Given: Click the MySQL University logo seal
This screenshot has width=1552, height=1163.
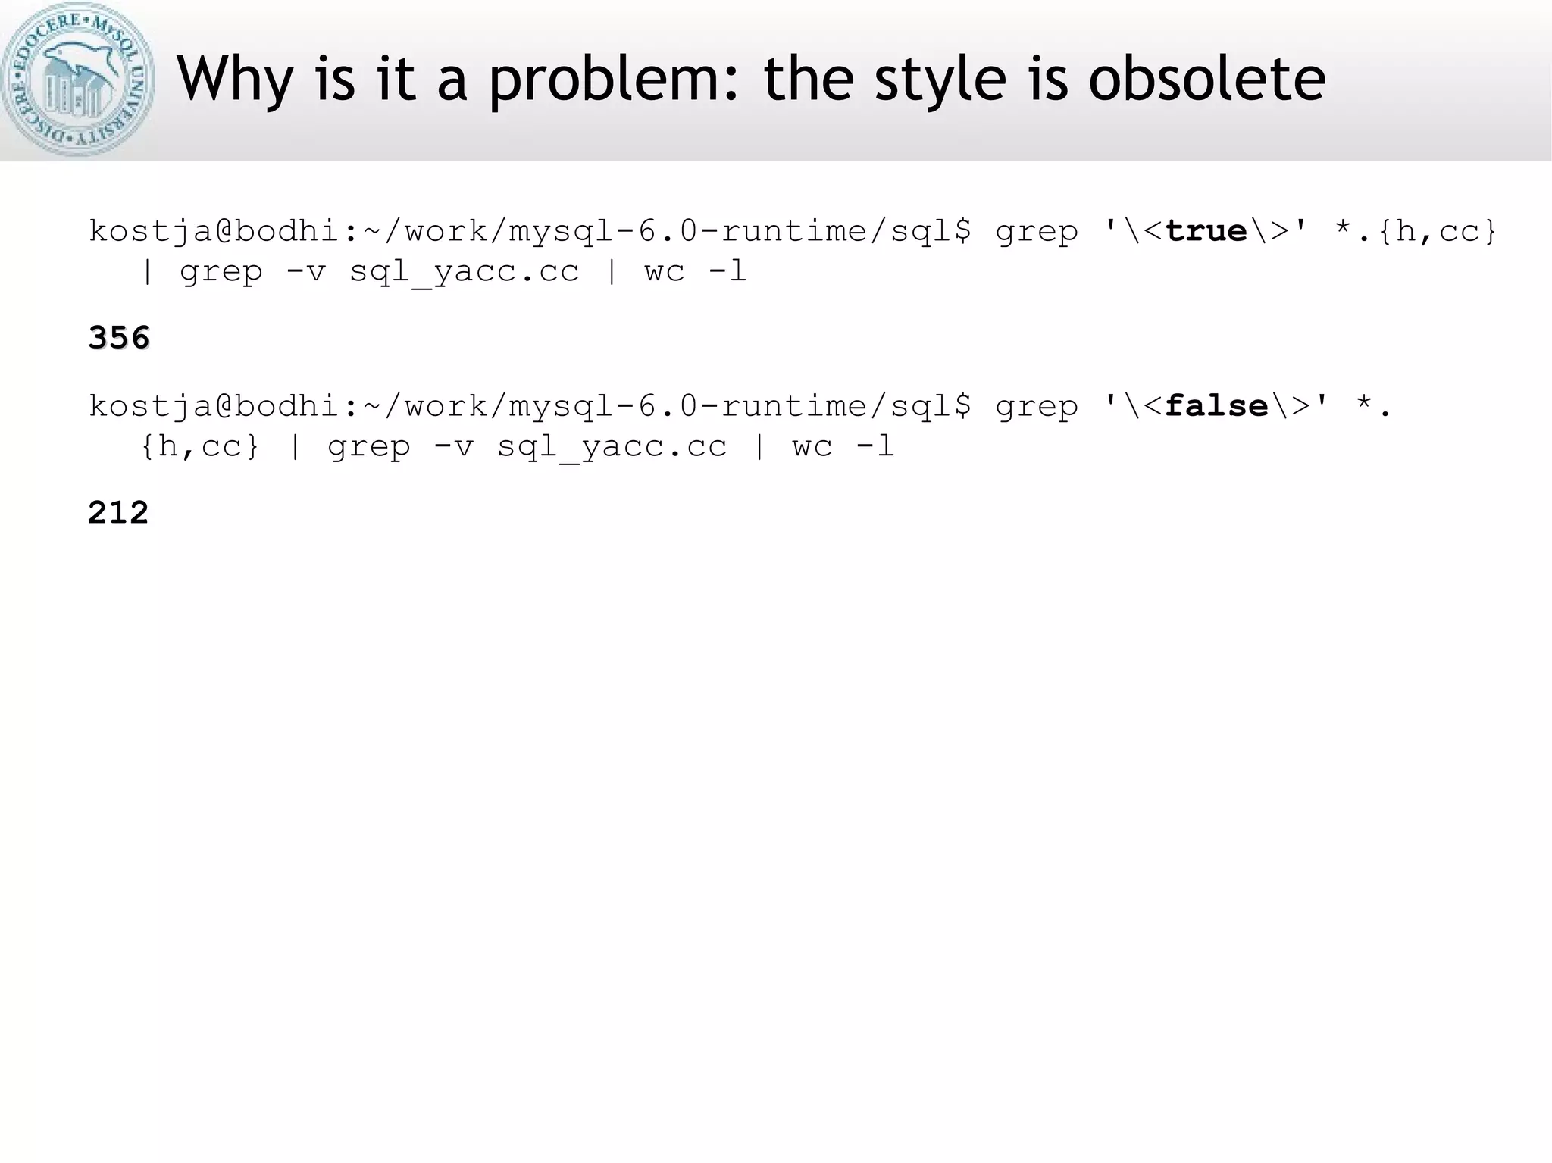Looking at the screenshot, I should [x=78, y=79].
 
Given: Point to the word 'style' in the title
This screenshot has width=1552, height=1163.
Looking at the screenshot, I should [x=940, y=80].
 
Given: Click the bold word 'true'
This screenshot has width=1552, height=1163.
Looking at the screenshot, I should [x=1206, y=231].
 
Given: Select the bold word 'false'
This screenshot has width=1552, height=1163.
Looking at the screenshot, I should [x=1216, y=407].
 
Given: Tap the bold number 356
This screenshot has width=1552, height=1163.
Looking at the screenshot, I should [x=119, y=338].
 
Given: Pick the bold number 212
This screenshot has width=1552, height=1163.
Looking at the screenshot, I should [x=118, y=513].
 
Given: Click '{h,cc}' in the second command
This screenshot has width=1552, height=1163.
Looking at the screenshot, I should [x=200, y=446].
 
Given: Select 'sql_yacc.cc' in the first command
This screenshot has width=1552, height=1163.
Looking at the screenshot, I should [x=464, y=271].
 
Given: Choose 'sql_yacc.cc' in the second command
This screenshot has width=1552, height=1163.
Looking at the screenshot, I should [x=612, y=446].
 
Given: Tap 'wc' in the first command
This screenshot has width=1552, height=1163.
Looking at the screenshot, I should [x=665, y=271].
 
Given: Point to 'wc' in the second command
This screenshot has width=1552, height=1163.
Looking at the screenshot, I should [x=812, y=446].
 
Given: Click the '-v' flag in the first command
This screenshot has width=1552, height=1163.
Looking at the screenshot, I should [x=305, y=271].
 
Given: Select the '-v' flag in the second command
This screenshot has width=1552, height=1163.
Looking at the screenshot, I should [x=453, y=446].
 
